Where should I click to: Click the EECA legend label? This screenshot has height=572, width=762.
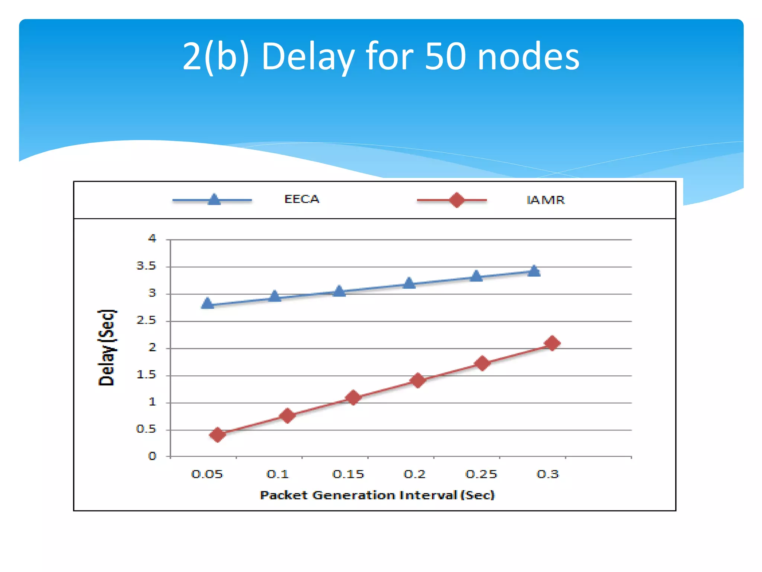301,199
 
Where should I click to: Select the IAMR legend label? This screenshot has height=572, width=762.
545,200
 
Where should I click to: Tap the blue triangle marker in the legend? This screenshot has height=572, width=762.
214,200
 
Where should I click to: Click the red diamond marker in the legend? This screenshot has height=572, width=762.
457,200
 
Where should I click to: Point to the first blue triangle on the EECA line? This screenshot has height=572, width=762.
208,303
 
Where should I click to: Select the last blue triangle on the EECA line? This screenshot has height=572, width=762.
534,271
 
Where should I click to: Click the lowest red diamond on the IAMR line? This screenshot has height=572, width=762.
218,434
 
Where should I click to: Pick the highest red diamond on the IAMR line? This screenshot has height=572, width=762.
552,343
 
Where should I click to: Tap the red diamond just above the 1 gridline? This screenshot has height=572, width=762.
353,397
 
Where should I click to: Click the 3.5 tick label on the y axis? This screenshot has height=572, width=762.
146,266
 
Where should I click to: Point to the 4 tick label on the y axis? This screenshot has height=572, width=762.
152,238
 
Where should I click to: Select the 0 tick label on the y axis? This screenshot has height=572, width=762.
152,456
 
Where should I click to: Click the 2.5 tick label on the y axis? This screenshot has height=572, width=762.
146,320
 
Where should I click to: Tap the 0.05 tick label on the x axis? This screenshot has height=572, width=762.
207,474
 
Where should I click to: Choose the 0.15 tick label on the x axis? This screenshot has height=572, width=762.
348,474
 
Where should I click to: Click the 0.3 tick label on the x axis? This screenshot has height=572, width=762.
548,474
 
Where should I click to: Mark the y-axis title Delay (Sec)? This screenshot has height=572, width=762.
107,347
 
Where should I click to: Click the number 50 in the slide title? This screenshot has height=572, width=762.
445,56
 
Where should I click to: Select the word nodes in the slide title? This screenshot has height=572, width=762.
528,56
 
